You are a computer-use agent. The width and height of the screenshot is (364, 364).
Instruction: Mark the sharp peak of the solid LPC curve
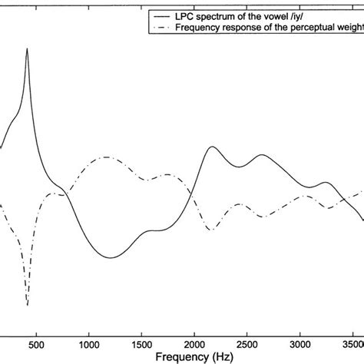[28, 48]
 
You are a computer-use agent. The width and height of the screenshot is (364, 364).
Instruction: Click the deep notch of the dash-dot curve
[28, 305]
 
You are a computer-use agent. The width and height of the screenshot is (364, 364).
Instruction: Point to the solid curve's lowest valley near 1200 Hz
[111, 257]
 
